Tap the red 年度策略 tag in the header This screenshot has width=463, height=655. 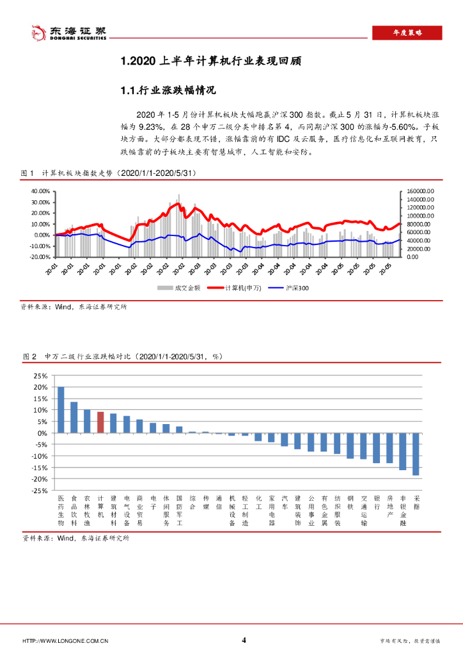[407, 33]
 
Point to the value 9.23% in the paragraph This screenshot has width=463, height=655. [151, 127]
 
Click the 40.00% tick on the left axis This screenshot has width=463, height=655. [40, 191]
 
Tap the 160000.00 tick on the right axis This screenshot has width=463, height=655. [420, 191]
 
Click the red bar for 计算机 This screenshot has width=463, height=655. [100, 422]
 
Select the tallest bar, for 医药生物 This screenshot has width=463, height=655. [61, 410]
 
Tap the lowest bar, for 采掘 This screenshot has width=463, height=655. [416, 454]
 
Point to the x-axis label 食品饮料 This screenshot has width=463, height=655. [74, 510]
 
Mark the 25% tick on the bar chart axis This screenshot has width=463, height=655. [40, 376]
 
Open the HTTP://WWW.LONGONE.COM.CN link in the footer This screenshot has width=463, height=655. [65, 641]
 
